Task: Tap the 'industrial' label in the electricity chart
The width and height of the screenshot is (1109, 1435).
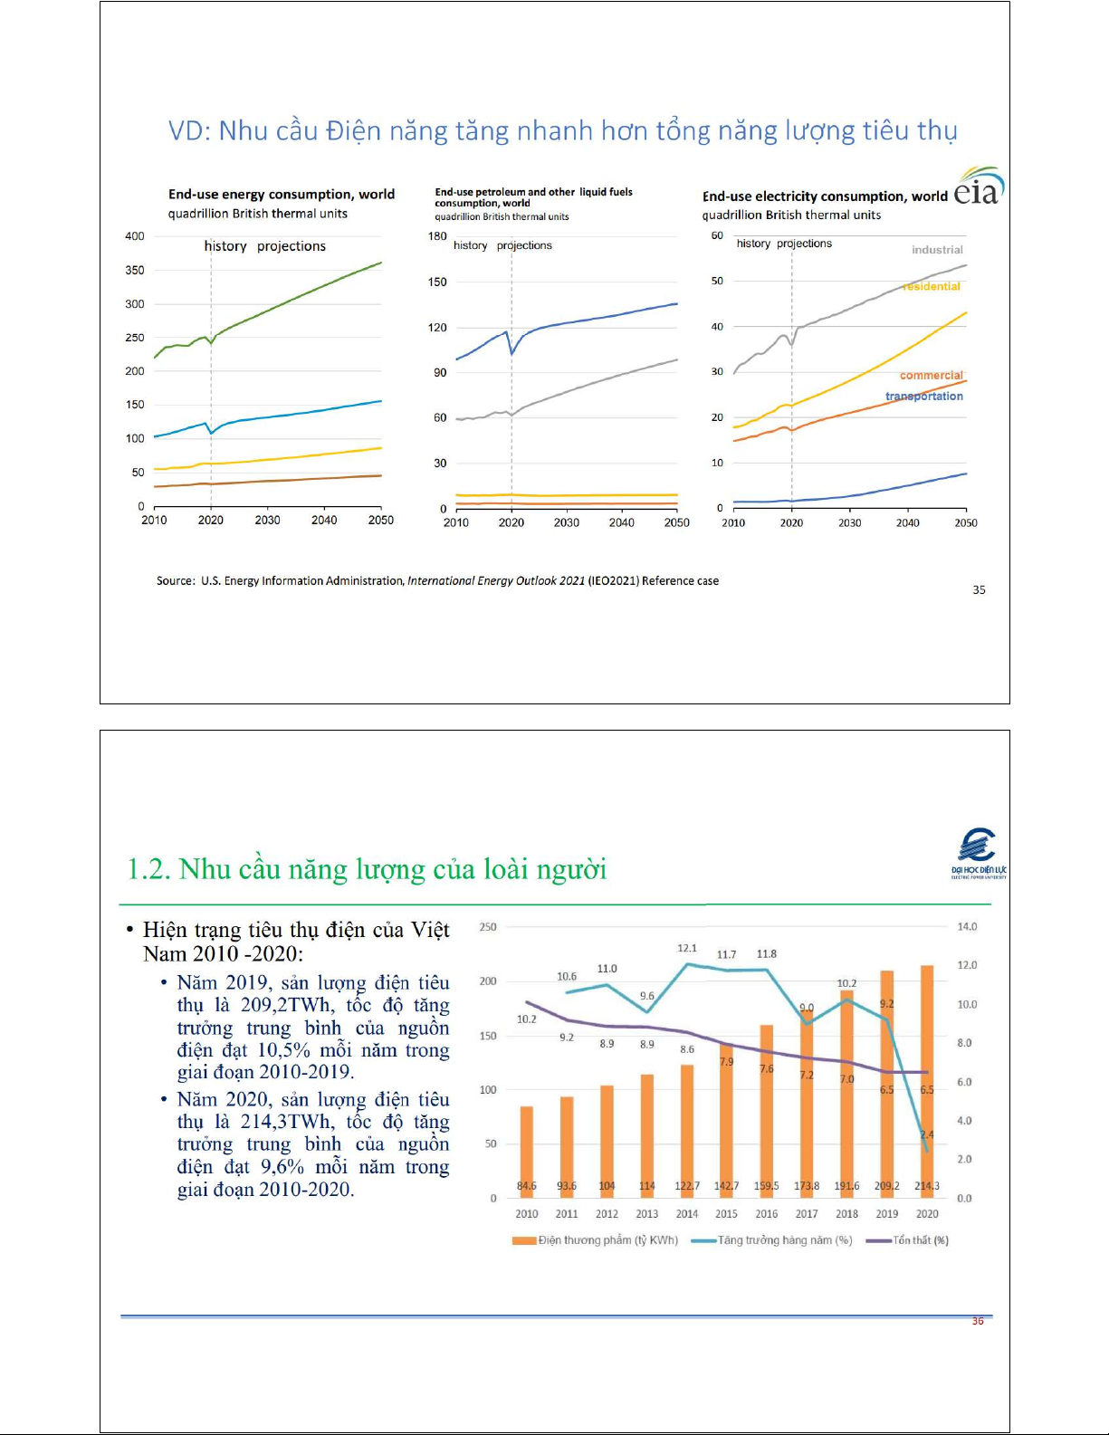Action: (937, 250)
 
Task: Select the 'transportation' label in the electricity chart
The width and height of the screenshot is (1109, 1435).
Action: (923, 397)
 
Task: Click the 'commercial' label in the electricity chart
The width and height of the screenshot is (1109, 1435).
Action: (931, 375)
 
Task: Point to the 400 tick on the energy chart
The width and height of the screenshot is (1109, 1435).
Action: (135, 236)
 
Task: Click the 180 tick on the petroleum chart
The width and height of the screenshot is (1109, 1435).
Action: (437, 236)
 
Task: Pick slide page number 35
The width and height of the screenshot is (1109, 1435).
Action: (979, 589)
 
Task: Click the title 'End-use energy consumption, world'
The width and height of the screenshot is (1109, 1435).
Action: (282, 195)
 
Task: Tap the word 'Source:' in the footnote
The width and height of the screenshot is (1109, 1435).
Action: (176, 581)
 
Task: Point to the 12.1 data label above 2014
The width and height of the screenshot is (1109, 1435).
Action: (687, 948)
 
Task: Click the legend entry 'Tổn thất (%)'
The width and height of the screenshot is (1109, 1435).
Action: (909, 1240)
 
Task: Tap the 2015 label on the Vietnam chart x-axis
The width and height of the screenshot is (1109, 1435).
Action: (726, 1214)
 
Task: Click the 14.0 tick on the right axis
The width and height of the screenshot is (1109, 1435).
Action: (967, 927)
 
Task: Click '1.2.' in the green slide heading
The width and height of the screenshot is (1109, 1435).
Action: (148, 870)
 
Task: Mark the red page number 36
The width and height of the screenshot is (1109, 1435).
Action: (978, 1321)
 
